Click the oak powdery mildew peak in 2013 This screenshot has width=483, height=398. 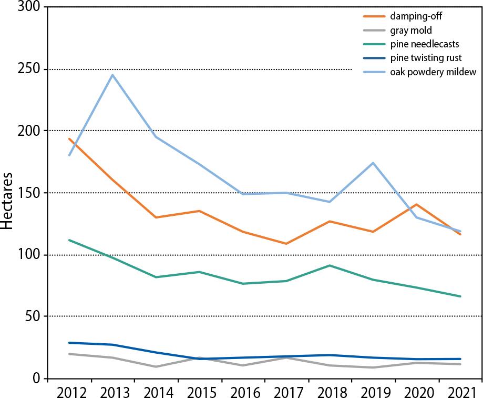tap(112, 75)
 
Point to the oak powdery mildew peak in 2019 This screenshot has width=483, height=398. tap(373, 163)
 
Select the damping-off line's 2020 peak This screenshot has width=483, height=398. tap(416, 204)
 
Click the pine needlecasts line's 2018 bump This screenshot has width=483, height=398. tap(330, 265)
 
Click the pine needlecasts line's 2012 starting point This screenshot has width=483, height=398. tap(69, 240)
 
